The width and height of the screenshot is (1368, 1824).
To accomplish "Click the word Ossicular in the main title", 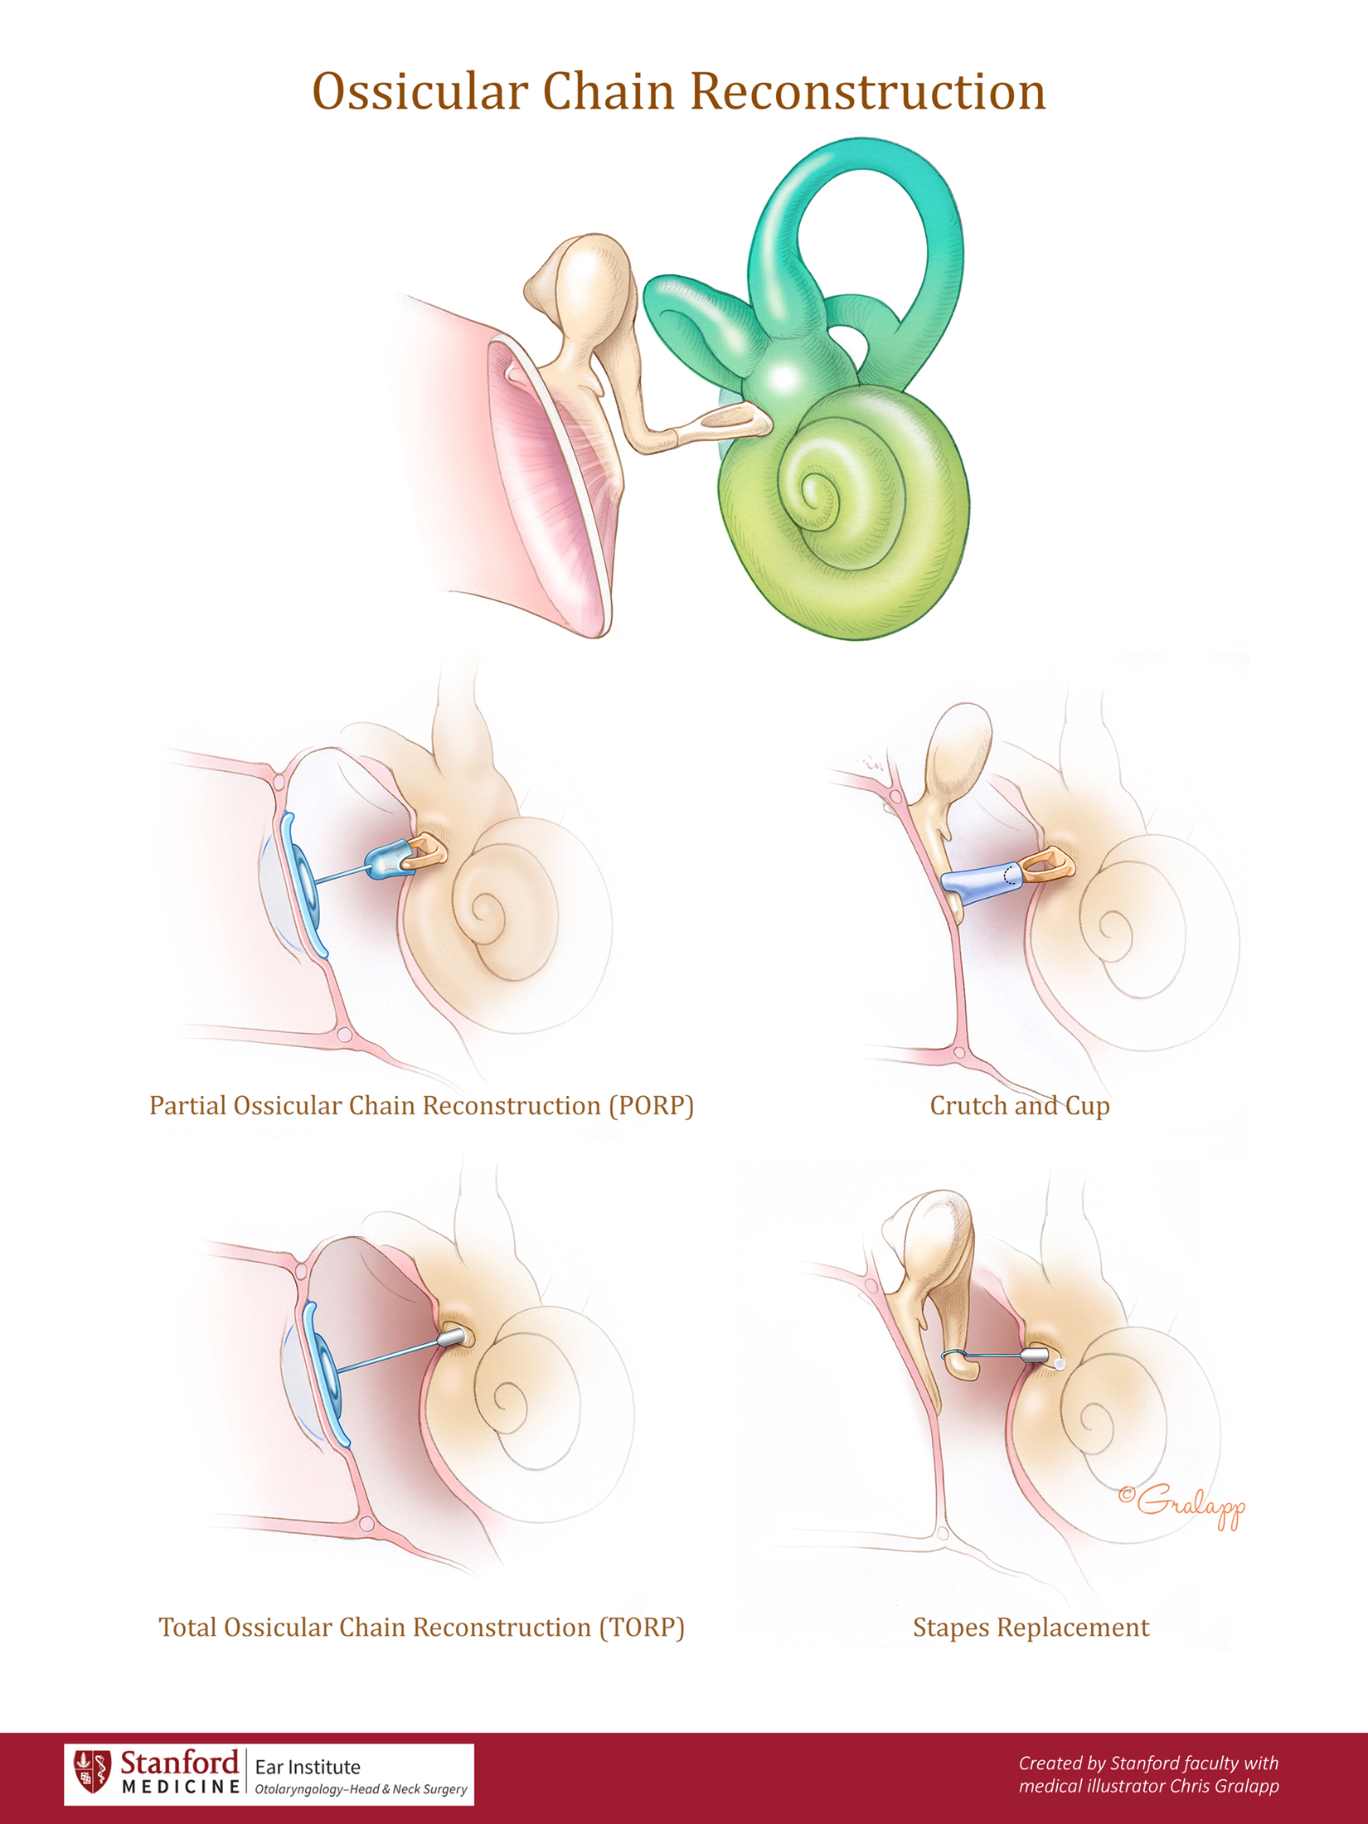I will (420, 91).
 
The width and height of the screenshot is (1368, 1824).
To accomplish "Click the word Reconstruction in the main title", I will (867, 91).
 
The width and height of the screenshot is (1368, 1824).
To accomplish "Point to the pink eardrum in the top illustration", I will (547, 481).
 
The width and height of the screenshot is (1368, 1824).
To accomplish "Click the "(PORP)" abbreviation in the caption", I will (651, 1106).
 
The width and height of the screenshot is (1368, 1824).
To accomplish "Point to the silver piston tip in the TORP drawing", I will (451, 1337).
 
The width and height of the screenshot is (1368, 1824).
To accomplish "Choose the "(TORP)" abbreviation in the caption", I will (643, 1628).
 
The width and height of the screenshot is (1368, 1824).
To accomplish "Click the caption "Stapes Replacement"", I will (1031, 1628).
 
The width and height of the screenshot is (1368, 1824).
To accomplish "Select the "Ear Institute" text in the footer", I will (308, 1766).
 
